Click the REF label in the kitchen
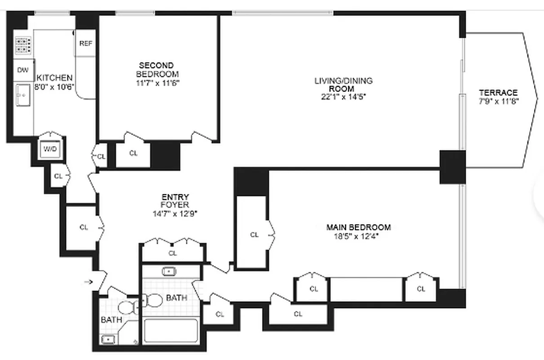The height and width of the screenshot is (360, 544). tap(85, 44)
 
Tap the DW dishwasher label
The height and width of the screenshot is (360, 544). tap(22, 70)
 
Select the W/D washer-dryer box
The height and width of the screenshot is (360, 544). tap(50, 149)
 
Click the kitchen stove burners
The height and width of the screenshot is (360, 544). tap(23, 45)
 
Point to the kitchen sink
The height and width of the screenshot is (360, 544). tap(22, 95)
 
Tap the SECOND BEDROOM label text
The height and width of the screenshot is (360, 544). tap(156, 70)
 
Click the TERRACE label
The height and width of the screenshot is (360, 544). tap(498, 93)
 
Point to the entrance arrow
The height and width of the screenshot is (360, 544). tap(88, 282)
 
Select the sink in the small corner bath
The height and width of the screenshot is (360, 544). tap(108, 339)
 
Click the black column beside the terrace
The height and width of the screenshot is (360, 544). tap(452, 167)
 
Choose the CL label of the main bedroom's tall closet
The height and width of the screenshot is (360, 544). tap(254, 234)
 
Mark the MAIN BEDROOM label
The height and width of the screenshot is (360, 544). tap(358, 227)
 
